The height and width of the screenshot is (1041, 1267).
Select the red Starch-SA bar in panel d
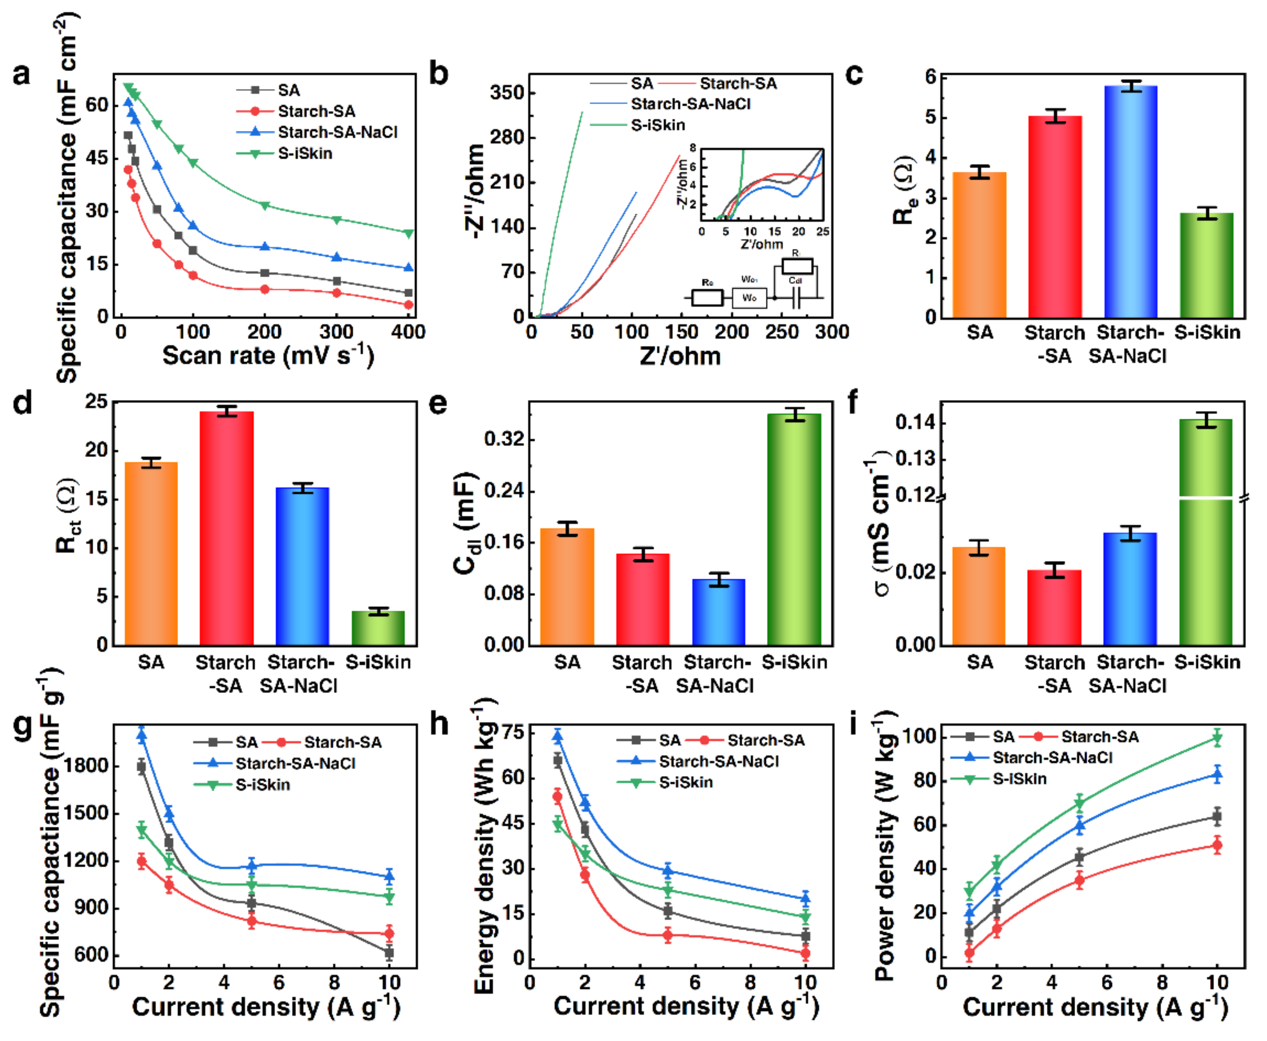pyautogui.click(x=226, y=528)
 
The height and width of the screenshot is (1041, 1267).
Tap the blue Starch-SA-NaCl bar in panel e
pyautogui.click(x=718, y=612)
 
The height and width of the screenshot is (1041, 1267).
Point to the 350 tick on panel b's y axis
pyautogui.click(x=506, y=93)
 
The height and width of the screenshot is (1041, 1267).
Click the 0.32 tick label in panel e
pyautogui.click(x=504, y=440)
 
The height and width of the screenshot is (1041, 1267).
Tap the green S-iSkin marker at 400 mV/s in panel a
pyautogui.click(x=409, y=233)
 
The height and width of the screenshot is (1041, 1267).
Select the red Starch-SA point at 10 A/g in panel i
pyautogui.click(x=1217, y=845)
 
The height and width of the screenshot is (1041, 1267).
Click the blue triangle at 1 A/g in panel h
pyautogui.click(x=557, y=736)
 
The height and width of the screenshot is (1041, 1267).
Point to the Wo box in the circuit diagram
pyautogui.click(x=749, y=297)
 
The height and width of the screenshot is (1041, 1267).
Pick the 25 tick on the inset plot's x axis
pyautogui.click(x=823, y=232)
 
